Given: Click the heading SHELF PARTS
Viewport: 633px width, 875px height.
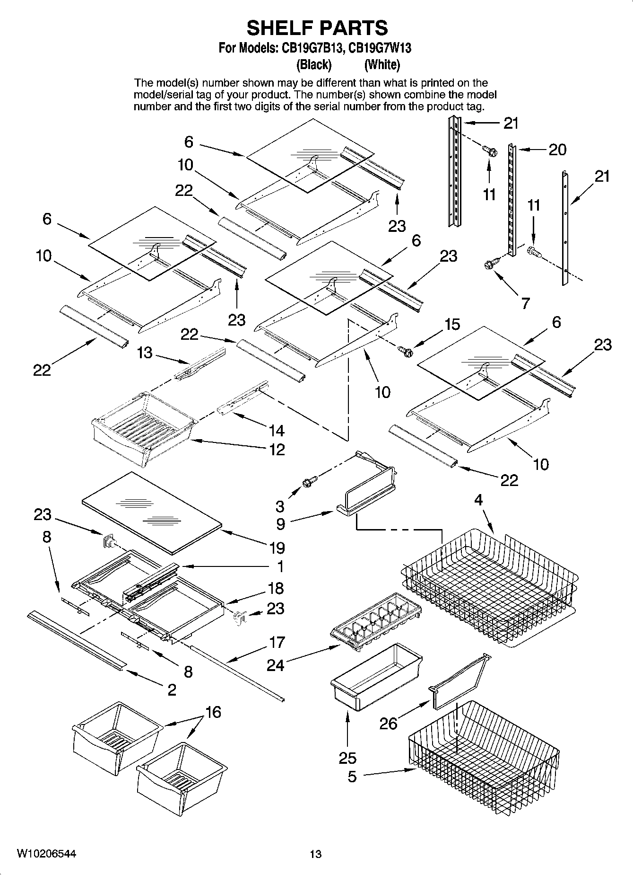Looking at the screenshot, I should pyautogui.click(x=317, y=28).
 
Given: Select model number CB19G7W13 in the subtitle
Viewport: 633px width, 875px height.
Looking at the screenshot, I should pyautogui.click(x=380, y=48).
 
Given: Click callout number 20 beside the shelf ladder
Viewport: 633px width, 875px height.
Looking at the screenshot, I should pyautogui.click(x=557, y=150).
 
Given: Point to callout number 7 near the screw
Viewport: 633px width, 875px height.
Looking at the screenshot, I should pyautogui.click(x=525, y=303).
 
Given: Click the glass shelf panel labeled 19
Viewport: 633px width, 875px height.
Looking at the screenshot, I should pyautogui.click(x=151, y=512).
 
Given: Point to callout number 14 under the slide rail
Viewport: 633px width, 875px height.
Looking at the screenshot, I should pyautogui.click(x=277, y=430).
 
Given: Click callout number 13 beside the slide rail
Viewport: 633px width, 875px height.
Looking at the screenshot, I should pyautogui.click(x=145, y=353).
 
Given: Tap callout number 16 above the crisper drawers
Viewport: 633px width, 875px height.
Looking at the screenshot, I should pyautogui.click(x=213, y=712).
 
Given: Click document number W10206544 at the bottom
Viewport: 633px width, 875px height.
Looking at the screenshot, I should pyautogui.click(x=46, y=854).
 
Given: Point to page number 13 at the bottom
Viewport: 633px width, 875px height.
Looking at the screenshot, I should pyautogui.click(x=315, y=854).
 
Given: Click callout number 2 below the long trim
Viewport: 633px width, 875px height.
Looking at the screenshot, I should pyautogui.click(x=172, y=689).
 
